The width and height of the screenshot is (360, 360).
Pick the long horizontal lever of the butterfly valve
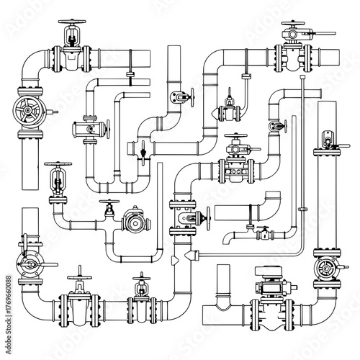[x=40, y=267]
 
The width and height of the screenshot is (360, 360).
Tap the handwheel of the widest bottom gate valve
[x=78, y=274]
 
